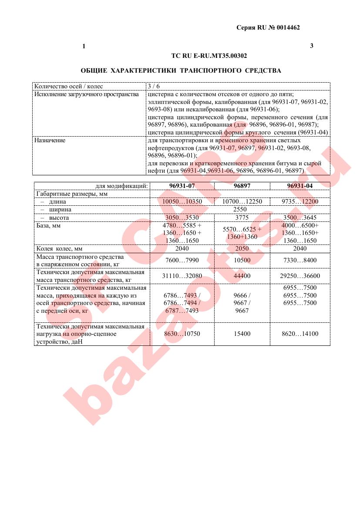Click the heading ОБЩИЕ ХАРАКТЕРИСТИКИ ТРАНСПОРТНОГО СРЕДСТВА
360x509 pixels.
click(x=181, y=70)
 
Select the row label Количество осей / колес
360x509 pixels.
click(x=69, y=86)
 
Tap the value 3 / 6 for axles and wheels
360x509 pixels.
click(x=154, y=86)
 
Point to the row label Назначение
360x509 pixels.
click(x=50, y=141)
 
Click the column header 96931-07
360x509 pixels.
click(x=182, y=186)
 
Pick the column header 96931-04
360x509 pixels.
click(x=300, y=186)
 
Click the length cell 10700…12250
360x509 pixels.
click(x=242, y=201)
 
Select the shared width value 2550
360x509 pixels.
click(x=240, y=209)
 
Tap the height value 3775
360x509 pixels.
click(x=242, y=218)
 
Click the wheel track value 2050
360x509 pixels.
click(x=242, y=249)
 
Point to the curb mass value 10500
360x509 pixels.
click(x=242, y=260)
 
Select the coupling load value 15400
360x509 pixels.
click(x=242, y=334)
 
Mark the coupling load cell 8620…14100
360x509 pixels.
click(x=300, y=334)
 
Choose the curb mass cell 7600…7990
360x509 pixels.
click(x=182, y=260)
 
